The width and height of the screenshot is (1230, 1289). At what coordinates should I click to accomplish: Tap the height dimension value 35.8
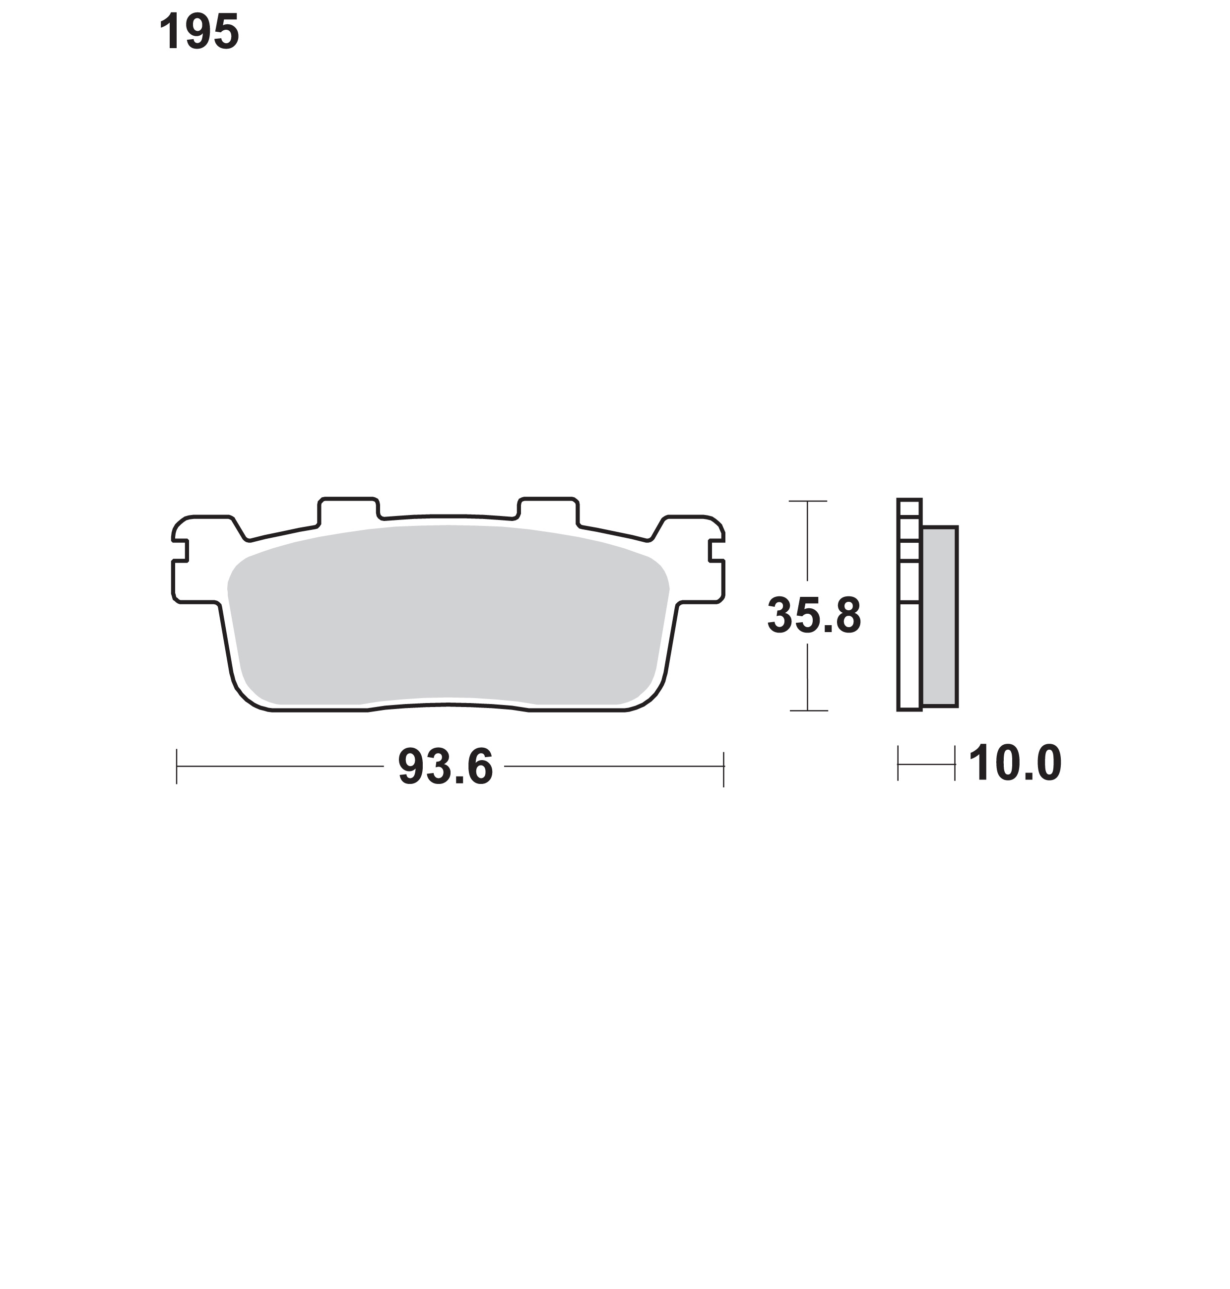(x=814, y=616)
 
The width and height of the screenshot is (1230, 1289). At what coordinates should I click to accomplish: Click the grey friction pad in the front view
(x=448, y=616)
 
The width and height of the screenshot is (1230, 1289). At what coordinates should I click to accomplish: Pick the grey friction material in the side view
(x=940, y=616)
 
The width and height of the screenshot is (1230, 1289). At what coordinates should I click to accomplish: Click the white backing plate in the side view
(x=909, y=604)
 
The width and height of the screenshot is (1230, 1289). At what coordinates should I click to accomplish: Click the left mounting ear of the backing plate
(x=196, y=559)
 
